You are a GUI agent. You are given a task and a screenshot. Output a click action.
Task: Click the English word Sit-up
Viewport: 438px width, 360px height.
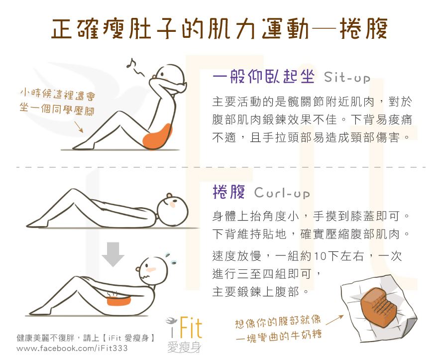[347, 77]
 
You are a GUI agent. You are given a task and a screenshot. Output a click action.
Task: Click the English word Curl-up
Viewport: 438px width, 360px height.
[282, 193]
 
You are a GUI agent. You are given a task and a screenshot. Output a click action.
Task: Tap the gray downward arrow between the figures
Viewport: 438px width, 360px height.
[113, 254]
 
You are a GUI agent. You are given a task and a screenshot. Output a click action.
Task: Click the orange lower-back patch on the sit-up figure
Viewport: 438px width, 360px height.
[157, 136]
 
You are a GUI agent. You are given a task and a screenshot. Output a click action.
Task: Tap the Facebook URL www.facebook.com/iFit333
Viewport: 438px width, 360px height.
[72, 348]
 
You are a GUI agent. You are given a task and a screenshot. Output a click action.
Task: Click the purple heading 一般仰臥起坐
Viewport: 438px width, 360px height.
[263, 76]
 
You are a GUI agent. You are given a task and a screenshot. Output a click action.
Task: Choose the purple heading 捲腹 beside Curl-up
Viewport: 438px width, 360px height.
[229, 192]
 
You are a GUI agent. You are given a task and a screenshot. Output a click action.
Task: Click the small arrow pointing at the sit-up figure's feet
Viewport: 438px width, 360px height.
[79, 126]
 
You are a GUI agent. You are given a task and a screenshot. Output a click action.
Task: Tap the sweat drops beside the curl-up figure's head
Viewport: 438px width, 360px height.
[171, 259]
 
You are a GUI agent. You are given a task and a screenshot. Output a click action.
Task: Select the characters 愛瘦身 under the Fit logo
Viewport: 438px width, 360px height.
[184, 348]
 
